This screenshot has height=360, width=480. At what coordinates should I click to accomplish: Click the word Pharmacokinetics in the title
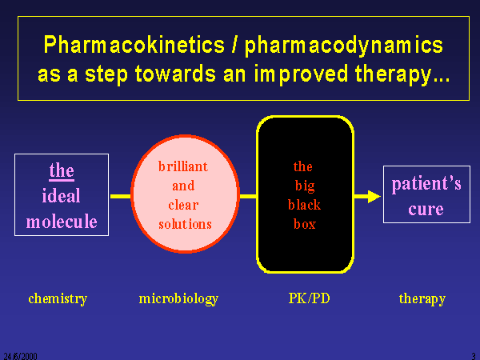pyautogui.click(x=134, y=45)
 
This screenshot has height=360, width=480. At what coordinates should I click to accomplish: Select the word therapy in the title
pyautogui.click(x=394, y=74)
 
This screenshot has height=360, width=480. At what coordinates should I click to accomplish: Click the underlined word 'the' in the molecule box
pyautogui.click(x=62, y=170)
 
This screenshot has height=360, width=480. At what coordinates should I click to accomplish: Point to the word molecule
pyautogui.click(x=62, y=222)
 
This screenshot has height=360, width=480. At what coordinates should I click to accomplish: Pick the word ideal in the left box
pyautogui.click(x=62, y=195)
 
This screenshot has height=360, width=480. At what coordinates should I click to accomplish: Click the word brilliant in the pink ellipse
pyautogui.click(x=183, y=166)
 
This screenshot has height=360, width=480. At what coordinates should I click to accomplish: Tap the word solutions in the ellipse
pyautogui.click(x=186, y=224)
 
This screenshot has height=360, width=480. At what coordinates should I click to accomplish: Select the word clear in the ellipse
pyautogui.click(x=183, y=205)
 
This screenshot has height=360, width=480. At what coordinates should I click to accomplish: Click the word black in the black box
pyautogui.click(x=304, y=205)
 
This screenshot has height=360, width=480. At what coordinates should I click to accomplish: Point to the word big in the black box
pyautogui.click(x=305, y=186)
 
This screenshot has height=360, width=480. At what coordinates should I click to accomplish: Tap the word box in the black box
pyautogui.click(x=305, y=224)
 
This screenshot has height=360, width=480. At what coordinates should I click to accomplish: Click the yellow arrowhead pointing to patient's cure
pyautogui.click(x=374, y=197)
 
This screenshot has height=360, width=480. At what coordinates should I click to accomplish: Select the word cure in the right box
pyautogui.click(x=426, y=210)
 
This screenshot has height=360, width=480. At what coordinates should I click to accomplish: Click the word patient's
pyautogui.click(x=426, y=184)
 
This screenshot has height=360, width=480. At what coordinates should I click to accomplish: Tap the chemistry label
pyautogui.click(x=58, y=298)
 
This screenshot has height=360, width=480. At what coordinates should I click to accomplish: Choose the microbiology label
pyautogui.click(x=178, y=298)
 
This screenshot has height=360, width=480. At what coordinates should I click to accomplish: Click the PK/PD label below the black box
pyautogui.click(x=309, y=298)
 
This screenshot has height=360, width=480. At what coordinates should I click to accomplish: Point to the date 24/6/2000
pyautogui.click(x=20, y=356)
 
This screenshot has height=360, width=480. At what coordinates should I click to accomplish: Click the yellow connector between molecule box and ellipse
pyautogui.click(x=120, y=196)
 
